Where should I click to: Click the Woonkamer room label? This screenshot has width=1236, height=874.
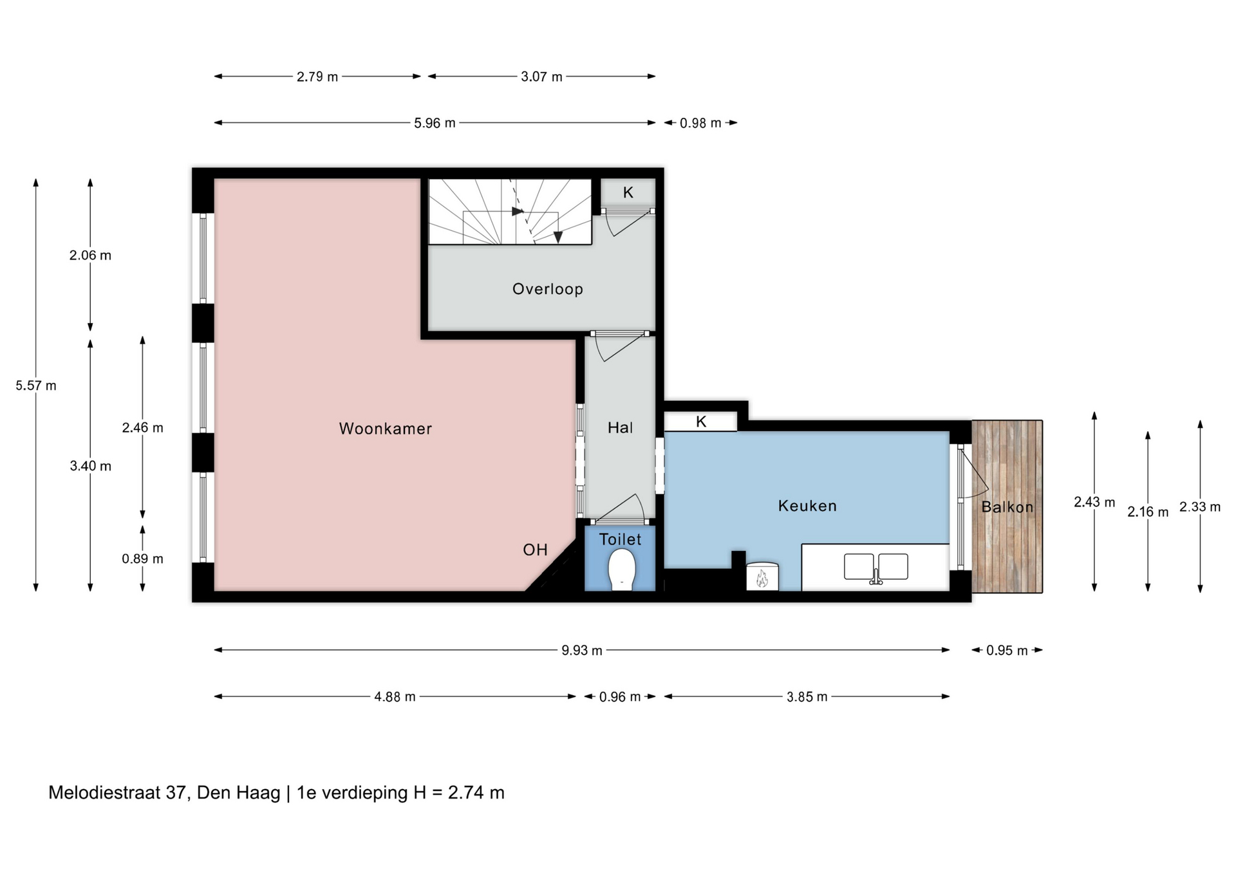[385, 429]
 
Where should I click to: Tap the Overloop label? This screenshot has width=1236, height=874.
[548, 289]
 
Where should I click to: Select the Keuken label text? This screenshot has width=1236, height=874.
[807, 506]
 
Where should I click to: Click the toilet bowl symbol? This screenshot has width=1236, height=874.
[622, 569]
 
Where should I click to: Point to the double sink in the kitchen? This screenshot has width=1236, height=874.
[876, 567]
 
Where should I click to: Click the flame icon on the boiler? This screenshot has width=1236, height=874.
[762, 578]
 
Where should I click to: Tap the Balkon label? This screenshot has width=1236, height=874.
[1007, 507]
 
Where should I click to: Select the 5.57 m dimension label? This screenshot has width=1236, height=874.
[36, 386]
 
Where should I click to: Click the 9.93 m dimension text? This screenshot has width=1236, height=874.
[582, 651]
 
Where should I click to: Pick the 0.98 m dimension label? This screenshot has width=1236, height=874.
[700, 123]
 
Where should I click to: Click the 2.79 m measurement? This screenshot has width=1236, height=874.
[317, 77]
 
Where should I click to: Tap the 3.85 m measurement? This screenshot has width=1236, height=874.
[807, 697]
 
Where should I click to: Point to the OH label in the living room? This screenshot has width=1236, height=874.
[535, 550]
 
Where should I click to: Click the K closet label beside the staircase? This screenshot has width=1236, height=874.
[628, 192]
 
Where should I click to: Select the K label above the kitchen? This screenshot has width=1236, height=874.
[701, 422]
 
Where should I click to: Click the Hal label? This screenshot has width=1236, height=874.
[621, 427]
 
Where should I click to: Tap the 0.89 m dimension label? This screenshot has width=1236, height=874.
[142, 559]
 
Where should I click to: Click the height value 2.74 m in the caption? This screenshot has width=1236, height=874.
[476, 793]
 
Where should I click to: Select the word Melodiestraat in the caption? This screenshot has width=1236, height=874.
[104, 793]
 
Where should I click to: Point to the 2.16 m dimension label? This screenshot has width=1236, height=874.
[1148, 512]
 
